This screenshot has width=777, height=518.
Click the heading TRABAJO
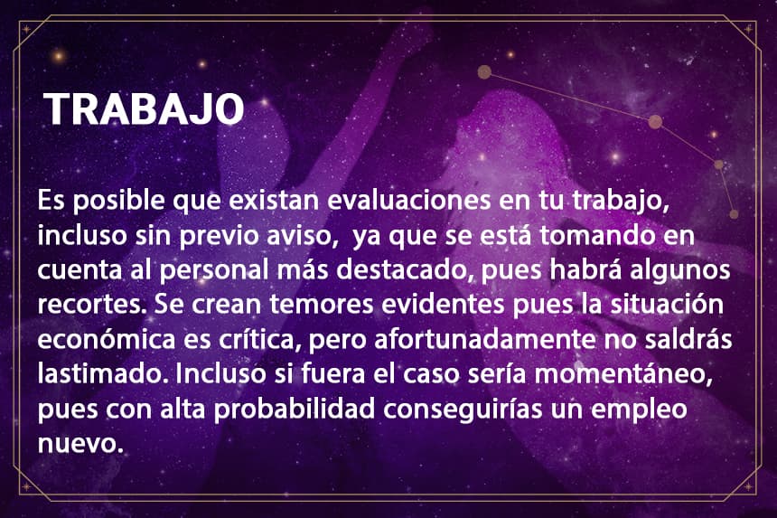click(144, 108)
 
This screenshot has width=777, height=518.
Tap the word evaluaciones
click(408, 201)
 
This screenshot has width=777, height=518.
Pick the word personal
click(214, 271)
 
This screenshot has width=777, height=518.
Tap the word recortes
click(91, 305)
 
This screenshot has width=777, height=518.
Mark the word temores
click(322, 305)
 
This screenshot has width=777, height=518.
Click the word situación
click(667, 304)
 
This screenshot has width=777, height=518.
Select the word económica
click(107, 339)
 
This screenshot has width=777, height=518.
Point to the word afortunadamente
click(484, 339)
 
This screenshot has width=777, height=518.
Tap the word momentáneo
click(623, 373)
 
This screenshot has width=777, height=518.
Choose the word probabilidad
click(295, 410)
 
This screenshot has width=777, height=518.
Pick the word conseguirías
click(463, 410)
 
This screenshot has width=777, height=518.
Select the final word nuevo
click(80, 444)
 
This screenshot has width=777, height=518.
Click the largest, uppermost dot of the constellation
click(484, 72)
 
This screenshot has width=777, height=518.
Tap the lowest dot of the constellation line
click(734, 214)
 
